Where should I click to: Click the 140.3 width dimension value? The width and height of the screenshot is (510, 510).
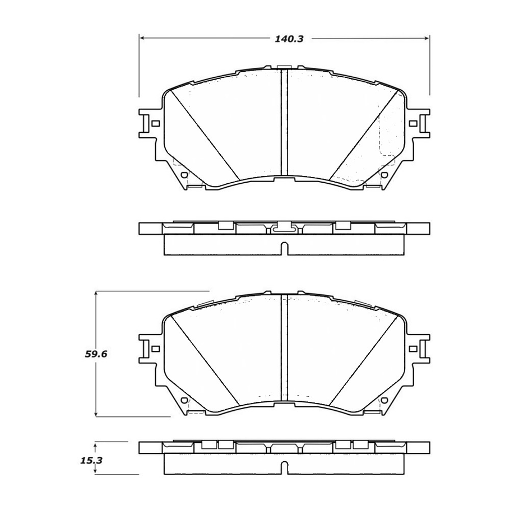(285, 39)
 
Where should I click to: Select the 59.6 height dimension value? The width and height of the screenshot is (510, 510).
(96, 354)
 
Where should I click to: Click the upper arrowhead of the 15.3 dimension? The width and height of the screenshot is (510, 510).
(96, 444)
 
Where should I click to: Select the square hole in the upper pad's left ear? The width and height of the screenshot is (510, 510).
(156, 123)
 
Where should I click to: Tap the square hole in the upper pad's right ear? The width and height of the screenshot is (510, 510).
(413, 123)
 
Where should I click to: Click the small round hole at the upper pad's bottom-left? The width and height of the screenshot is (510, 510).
(184, 175)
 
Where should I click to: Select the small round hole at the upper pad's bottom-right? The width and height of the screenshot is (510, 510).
(384, 175)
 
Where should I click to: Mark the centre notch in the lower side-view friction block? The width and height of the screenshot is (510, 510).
(284, 468)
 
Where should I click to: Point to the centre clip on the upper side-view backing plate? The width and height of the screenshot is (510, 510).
(284, 227)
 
